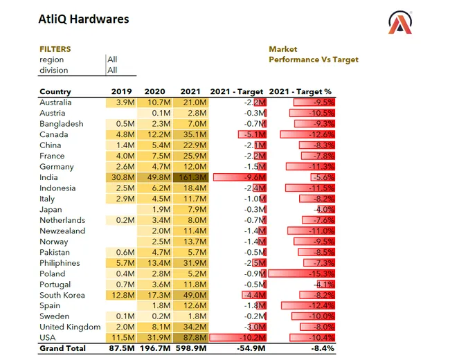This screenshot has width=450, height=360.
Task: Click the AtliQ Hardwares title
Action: click(83, 19)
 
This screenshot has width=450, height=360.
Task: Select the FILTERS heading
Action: click(55, 49)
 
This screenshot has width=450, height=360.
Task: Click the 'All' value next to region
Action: click(112, 60)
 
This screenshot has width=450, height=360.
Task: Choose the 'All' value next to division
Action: click(112, 70)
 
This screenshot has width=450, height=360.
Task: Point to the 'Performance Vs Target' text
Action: click(314, 60)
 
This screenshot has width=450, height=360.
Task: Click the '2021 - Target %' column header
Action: click(300, 91)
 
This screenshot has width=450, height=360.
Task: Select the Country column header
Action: click(55, 91)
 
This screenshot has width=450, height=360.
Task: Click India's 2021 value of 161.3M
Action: click(193, 177)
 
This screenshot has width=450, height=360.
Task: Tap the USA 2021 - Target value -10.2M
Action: click(253, 338)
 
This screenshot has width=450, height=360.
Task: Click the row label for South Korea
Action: click(62, 295)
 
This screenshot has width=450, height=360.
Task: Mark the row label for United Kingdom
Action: click(70, 327)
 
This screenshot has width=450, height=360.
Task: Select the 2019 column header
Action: click(122, 91)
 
